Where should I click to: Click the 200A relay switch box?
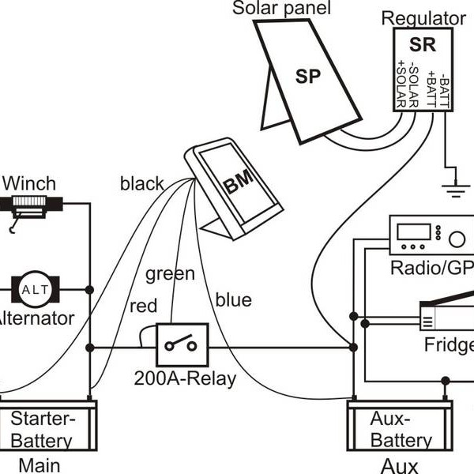pyautogui.click(x=182, y=345)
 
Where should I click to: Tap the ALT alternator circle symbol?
pyautogui.click(x=34, y=290)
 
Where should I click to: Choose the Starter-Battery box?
pyautogui.click(x=47, y=427)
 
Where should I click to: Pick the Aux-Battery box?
pyautogui.click(x=400, y=427)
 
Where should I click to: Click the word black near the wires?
pyautogui.click(x=142, y=184)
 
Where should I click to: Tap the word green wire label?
pyautogui.click(x=169, y=274)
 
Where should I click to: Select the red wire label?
pyautogui.click(x=144, y=306)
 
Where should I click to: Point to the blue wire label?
pyautogui.click(x=233, y=300)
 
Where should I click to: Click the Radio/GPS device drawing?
pyautogui.click(x=431, y=237)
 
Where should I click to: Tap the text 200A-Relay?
pyautogui.click(x=185, y=378)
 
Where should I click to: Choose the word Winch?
pyautogui.click(x=29, y=184)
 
